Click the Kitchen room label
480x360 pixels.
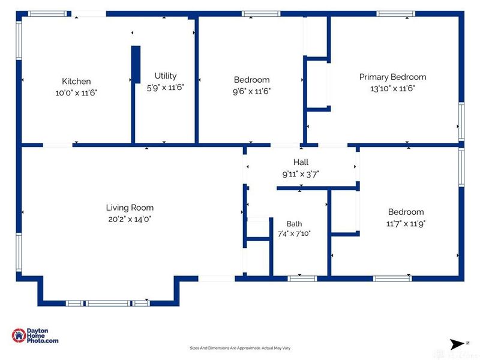pos(76,81)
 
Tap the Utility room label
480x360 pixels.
pos(166,76)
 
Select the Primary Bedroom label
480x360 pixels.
pos(392,77)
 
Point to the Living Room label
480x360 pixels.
pos(130,208)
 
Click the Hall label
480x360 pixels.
pos(301,162)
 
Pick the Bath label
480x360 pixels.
pos(294,224)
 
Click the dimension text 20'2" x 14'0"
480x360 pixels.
pos(130,219)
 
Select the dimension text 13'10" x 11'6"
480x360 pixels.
pos(392,88)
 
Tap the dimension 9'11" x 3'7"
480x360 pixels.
pos(301,174)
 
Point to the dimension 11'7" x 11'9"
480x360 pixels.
pos(406,224)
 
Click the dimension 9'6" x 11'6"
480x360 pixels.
pos(251,91)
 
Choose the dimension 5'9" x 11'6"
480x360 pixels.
pos(166,88)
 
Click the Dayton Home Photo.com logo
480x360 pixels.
pos(35,335)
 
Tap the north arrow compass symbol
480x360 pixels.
pos(458,344)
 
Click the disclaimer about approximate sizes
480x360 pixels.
pos(240,348)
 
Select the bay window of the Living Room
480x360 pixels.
pos(108,304)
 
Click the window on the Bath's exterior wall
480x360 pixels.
pos(302,278)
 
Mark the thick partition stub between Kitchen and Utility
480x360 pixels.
pos(136,65)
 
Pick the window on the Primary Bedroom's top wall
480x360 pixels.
pos(395,14)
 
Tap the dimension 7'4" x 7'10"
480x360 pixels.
pos(294,233)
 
